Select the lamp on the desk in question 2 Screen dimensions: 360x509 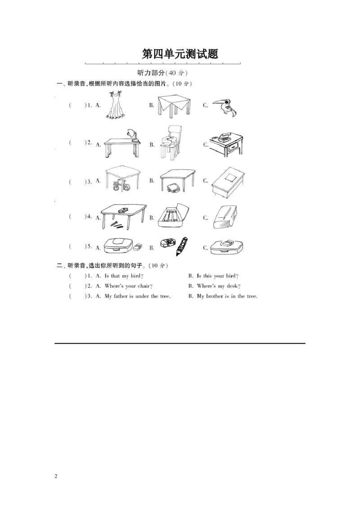134,135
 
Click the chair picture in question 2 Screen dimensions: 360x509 170,143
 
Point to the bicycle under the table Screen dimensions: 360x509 121,185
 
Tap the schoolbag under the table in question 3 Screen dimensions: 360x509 172,188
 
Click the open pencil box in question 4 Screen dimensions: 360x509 173,216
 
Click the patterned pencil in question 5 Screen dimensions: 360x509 182,246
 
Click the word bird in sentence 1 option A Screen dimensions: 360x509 136,276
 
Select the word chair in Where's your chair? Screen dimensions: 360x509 144,286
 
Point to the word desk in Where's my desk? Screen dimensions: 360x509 232,286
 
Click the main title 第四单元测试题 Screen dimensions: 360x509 180,54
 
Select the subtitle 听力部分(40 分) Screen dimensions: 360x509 162,73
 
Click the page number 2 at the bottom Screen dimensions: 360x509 56,476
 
